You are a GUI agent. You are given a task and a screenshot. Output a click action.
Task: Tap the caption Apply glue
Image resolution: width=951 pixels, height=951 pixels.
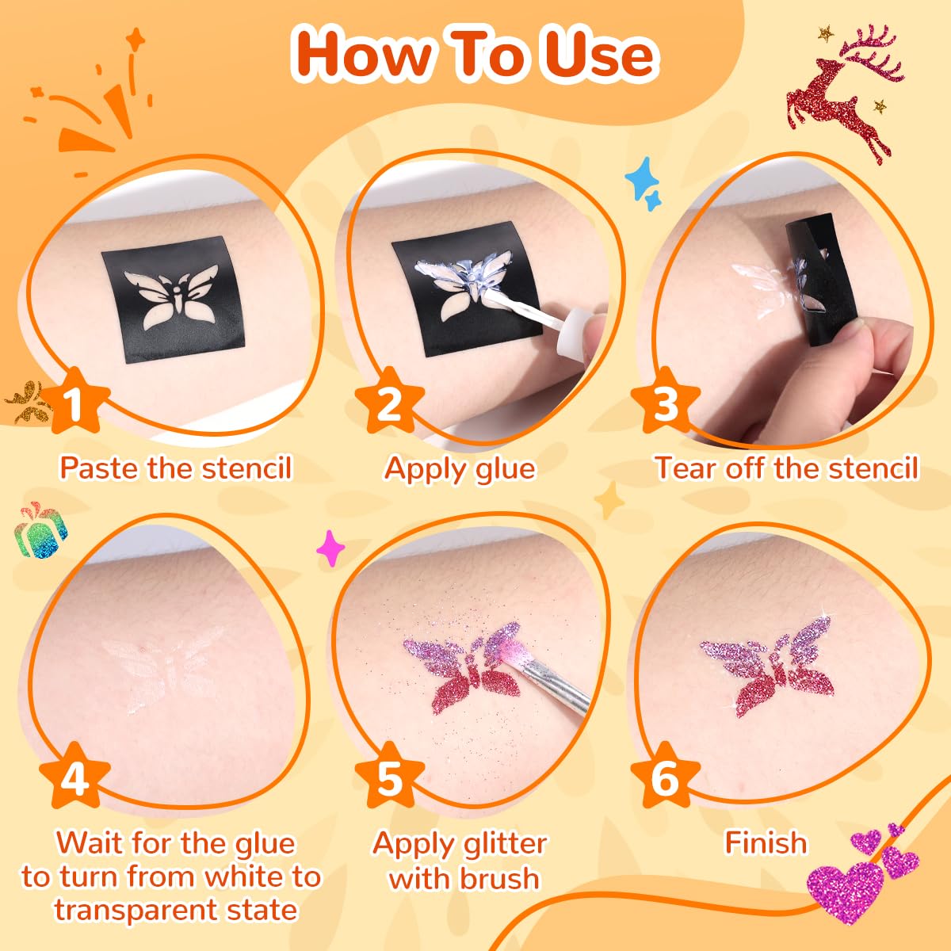click(x=460, y=468)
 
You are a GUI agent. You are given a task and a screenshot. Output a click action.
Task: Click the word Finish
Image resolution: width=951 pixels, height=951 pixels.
click(x=766, y=842)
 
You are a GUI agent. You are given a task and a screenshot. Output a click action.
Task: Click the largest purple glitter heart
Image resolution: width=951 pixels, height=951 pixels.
click(x=845, y=893)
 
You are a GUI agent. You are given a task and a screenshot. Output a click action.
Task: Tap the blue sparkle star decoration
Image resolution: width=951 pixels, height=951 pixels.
click(x=643, y=184)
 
